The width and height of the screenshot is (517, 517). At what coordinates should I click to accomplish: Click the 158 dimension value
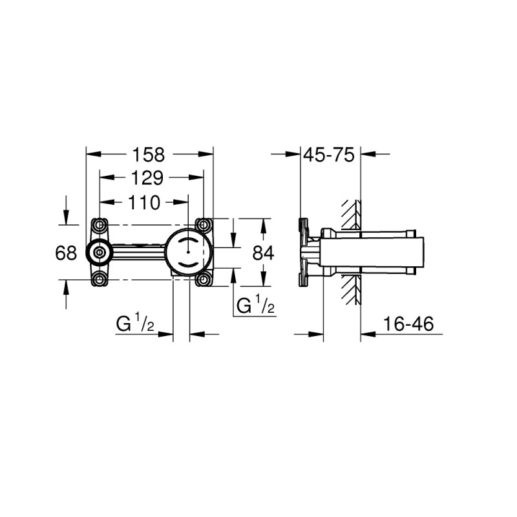point(148,154)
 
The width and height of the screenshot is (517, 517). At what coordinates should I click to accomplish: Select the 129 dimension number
point(147,178)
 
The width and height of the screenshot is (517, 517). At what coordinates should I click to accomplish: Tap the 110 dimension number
point(144,202)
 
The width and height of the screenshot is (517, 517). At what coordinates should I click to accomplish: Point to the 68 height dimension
point(66,253)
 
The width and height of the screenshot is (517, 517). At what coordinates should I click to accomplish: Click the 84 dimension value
point(263,253)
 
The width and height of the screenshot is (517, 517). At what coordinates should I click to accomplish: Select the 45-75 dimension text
point(329,154)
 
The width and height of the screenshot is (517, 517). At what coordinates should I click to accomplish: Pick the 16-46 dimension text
point(408,324)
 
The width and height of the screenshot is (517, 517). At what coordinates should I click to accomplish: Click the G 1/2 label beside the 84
point(255,305)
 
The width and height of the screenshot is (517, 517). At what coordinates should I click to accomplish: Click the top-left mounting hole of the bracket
point(100,225)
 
